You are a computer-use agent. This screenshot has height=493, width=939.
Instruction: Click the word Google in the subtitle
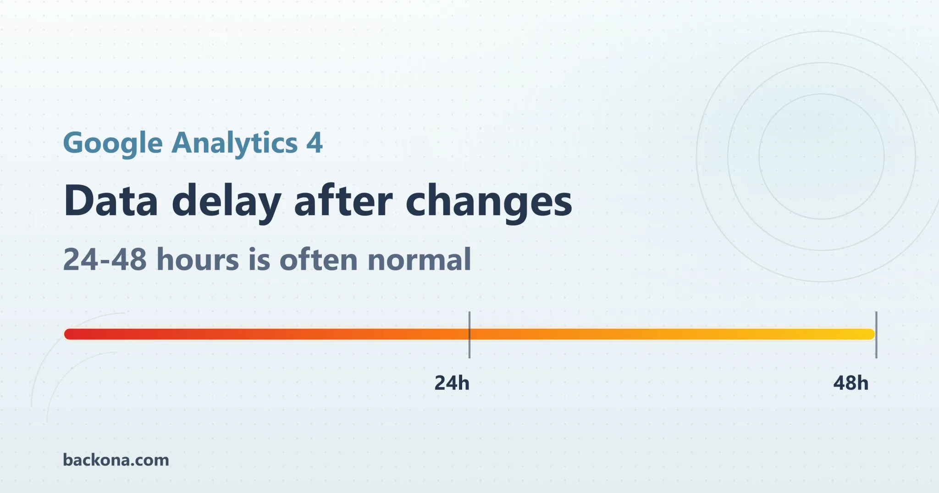point(112,143)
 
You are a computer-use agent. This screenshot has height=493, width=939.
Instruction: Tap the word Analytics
point(235,143)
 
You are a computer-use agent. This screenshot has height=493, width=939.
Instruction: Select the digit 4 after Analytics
point(315,143)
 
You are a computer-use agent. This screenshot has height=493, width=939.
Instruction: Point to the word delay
point(227,202)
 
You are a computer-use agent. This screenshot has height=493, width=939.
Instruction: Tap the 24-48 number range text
point(105,260)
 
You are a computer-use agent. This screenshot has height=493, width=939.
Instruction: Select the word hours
point(198,260)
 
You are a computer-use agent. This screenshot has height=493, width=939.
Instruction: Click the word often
point(319,260)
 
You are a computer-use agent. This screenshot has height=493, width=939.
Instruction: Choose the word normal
point(419,260)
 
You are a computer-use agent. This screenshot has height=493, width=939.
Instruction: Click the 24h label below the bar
point(452,383)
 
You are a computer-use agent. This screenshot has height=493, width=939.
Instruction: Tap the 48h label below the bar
point(851,383)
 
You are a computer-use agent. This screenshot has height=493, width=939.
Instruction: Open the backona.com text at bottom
point(116,460)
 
